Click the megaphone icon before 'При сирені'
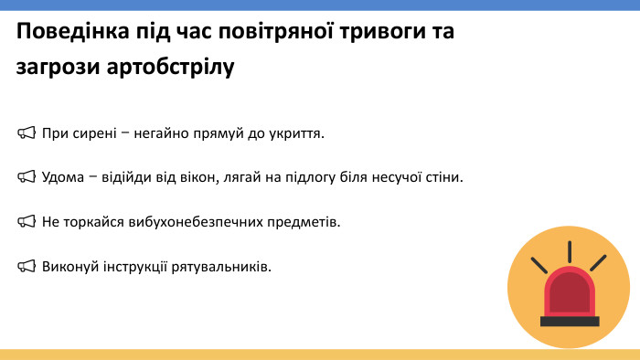click(x=26, y=133)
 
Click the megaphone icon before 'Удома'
click(x=26, y=177)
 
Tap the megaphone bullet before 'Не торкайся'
click(x=26, y=222)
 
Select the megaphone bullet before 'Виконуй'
click(x=26, y=266)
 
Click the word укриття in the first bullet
click(x=297, y=133)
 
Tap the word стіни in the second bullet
click(x=445, y=177)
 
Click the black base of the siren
click(x=569, y=321)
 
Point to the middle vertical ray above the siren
click(x=569, y=251)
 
